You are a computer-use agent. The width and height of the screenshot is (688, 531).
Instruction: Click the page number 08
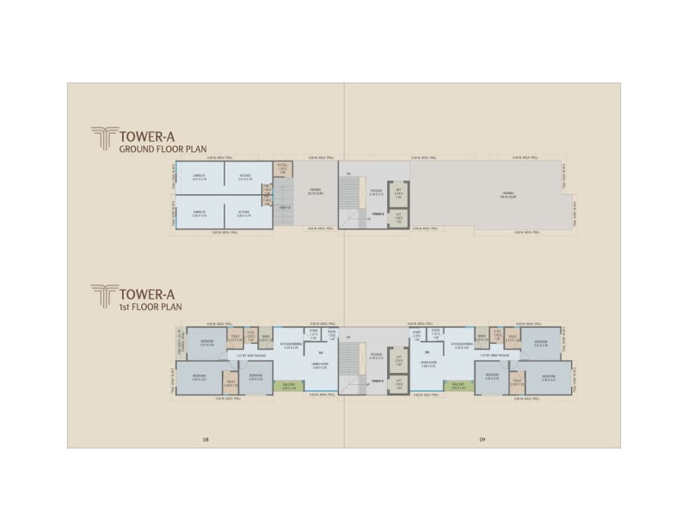(206, 440)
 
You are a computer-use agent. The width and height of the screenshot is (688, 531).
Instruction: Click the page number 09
(483, 440)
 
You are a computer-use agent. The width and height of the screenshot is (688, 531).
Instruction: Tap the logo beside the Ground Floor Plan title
(103, 138)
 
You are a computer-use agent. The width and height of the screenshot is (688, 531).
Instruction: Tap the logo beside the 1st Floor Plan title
(103, 296)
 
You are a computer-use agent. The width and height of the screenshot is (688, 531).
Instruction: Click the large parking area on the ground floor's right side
(507, 196)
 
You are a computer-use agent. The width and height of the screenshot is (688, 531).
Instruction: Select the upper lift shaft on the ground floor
(398, 194)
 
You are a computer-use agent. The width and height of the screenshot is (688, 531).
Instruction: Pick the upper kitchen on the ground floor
(243, 177)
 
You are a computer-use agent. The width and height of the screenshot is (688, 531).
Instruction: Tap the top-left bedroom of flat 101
(207, 343)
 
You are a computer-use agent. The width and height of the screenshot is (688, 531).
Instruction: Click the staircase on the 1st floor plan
(349, 364)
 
